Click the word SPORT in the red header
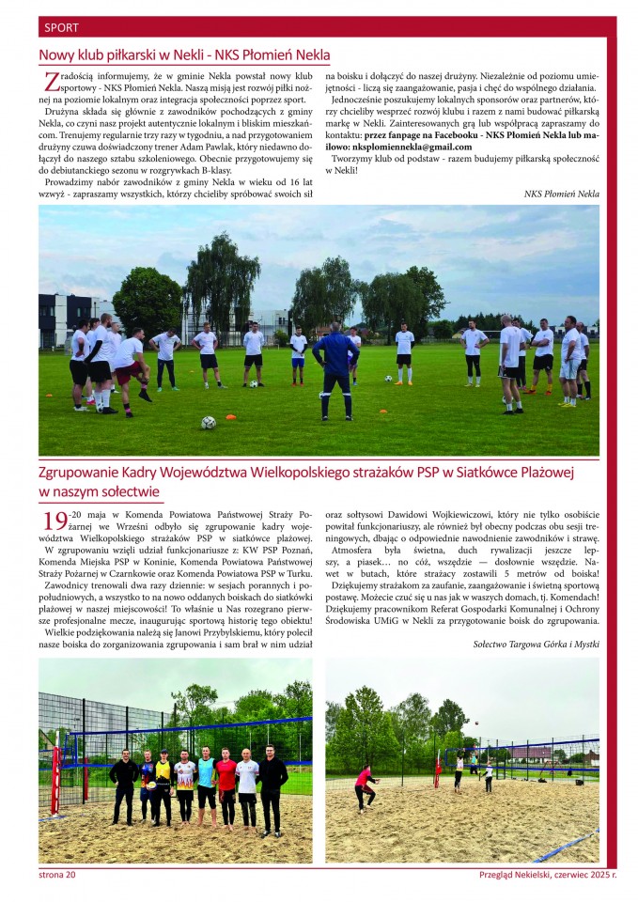[60, 27]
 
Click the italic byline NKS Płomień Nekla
[561, 194]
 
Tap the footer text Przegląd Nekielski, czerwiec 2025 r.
[547, 875]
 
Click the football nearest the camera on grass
[208, 423]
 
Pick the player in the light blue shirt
[206, 780]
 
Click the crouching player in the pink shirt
[364, 785]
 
